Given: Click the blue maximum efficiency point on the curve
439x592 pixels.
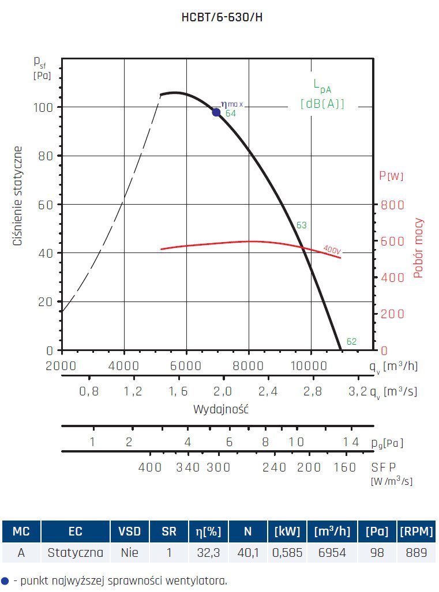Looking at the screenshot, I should coord(216,112).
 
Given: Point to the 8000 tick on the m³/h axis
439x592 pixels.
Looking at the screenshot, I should coord(249,366).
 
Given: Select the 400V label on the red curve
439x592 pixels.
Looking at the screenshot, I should coord(332,250).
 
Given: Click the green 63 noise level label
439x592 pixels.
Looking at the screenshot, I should coord(301,225).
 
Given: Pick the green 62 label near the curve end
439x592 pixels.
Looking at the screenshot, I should coord(351,342).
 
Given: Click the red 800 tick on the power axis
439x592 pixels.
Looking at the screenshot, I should coord(392,205).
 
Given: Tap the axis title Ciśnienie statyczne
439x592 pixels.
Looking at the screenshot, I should coord(18,197).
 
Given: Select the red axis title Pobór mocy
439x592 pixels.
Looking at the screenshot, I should coord(419,248).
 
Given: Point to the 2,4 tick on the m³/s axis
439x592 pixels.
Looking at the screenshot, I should coord(268,392).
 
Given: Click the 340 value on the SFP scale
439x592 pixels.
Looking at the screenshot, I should coord(188,467).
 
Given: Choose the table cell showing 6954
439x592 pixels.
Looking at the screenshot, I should coord(331,553).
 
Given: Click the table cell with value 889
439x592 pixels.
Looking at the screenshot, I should coord(416,553).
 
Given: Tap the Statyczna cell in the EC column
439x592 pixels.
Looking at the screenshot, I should coord(76,553).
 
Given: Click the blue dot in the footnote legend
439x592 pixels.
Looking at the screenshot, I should coord(5,580).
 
